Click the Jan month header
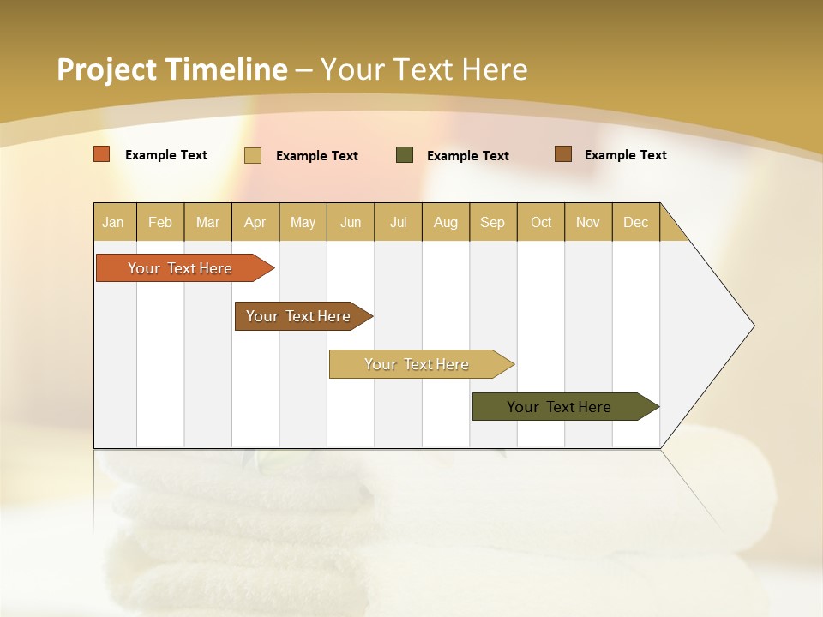(114, 222)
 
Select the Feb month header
(160, 222)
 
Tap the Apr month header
(255, 222)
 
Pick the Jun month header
(351, 222)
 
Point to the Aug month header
(446, 222)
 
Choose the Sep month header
(493, 222)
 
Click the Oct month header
(541, 222)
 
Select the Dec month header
(636, 222)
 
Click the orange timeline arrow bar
(181, 268)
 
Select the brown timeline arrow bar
(299, 316)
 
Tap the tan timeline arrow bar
(418, 364)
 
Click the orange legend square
(102, 154)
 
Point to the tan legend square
(253, 155)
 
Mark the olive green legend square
(405, 155)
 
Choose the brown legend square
(562, 154)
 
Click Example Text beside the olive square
(468, 156)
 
